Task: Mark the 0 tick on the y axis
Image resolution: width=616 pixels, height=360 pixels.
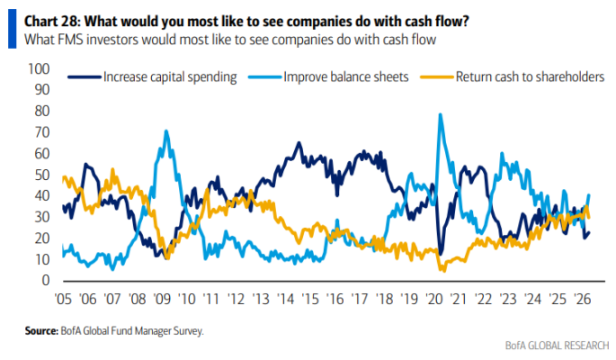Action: tap(44, 281)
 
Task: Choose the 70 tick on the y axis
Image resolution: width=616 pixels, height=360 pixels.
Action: tap(40, 132)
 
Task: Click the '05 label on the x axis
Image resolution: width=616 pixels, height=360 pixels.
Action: tap(63, 298)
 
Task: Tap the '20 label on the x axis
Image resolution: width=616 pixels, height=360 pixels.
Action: tap(436, 298)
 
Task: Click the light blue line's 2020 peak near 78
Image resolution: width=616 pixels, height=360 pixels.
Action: tap(440, 114)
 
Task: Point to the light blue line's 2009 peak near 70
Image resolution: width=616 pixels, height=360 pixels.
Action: tap(166, 131)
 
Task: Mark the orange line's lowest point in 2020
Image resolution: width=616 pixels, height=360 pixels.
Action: tap(442, 269)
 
